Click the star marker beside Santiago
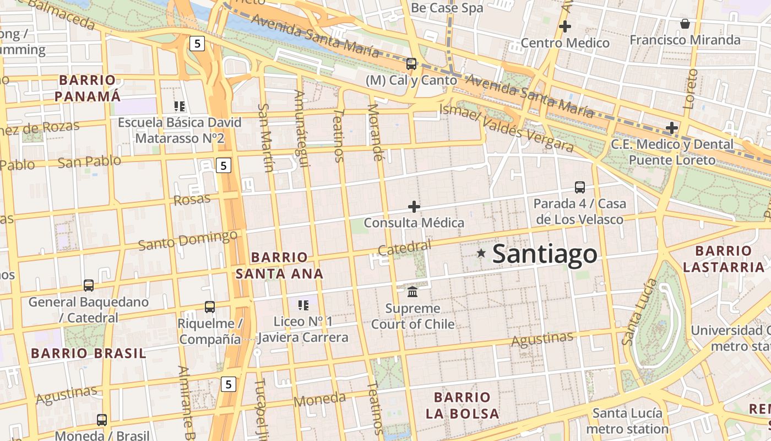(x=481, y=253)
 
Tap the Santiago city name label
(x=544, y=254)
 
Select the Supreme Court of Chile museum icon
(x=412, y=291)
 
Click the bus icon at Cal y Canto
(x=411, y=64)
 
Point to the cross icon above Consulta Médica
(x=414, y=207)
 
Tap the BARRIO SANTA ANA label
(x=279, y=265)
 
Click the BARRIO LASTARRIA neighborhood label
(x=723, y=259)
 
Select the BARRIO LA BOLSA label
(x=466, y=405)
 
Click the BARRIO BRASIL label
(x=89, y=353)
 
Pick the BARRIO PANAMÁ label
(x=88, y=88)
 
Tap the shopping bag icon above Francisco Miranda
(x=685, y=24)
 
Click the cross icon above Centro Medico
(x=564, y=26)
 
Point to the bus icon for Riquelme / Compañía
(x=209, y=307)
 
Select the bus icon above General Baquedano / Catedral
(x=89, y=286)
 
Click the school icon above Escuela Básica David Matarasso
(x=179, y=106)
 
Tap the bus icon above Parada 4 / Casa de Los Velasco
(x=579, y=187)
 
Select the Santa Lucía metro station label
(x=627, y=421)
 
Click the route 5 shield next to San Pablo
(x=222, y=165)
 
